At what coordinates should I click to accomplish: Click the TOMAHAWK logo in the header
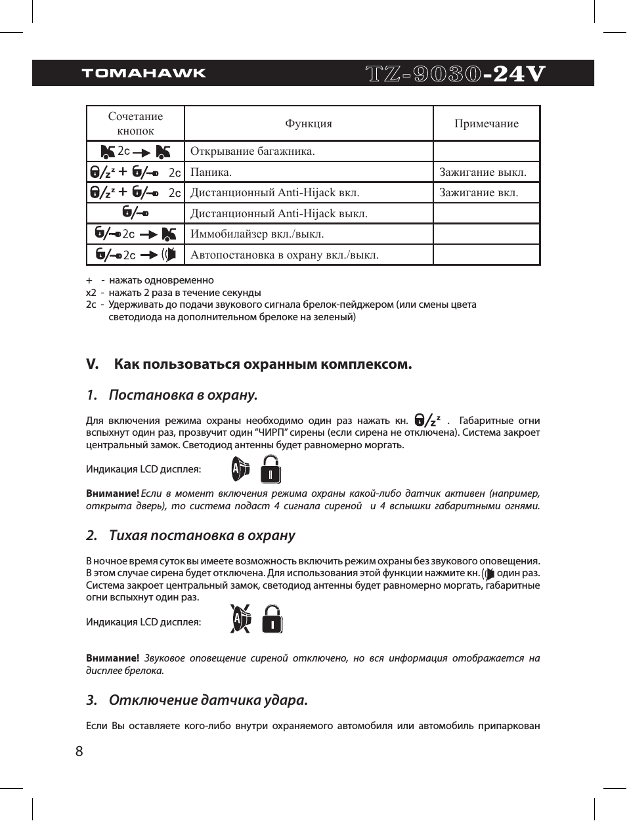point(144,73)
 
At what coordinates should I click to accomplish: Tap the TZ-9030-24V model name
point(455,74)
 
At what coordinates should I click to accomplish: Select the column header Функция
point(309,123)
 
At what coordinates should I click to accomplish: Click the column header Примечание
point(486,123)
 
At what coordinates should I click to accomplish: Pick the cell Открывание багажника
point(253,151)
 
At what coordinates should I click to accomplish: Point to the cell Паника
point(211,172)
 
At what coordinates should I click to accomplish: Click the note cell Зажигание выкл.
point(483,172)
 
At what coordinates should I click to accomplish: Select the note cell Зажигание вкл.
point(479,192)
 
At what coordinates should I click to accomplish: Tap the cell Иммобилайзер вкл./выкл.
point(257,234)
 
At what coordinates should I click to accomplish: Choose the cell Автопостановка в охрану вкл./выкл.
point(284,255)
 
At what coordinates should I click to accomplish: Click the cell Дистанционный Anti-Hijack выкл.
point(278,213)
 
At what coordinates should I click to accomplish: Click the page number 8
point(79,751)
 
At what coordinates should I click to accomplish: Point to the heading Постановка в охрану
point(183,395)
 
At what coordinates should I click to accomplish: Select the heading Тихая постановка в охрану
point(202,536)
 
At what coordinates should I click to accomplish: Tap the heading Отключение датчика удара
point(208,700)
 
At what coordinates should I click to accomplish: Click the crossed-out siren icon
point(241,619)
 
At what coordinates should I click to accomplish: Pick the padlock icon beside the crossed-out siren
point(272,619)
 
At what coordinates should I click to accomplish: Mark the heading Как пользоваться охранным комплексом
point(263,364)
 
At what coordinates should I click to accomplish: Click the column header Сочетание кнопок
point(135,123)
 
